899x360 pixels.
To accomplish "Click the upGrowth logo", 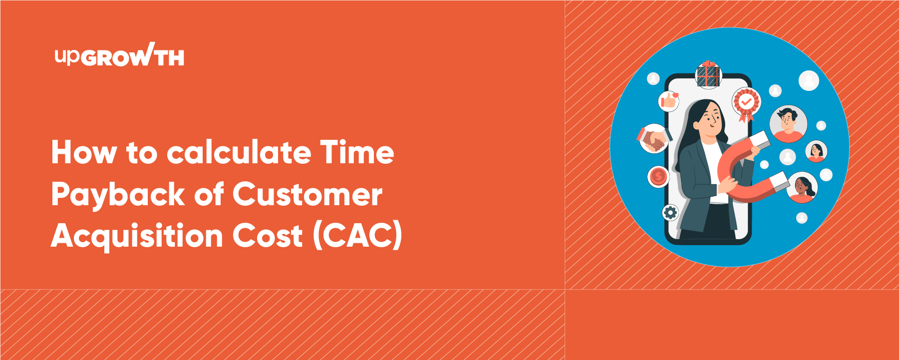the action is point(119,55).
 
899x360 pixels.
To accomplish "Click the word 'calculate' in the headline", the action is point(238,152).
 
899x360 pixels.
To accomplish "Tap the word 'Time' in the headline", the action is point(357,152).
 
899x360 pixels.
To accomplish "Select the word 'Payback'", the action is point(118,195).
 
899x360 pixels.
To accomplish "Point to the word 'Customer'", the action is point(307,194).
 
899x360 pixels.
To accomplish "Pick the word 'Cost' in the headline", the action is point(268,236).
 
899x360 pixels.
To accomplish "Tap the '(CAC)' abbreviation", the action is point(357,236).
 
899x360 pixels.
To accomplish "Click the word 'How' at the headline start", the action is point(83,152).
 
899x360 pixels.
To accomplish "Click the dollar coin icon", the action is point(658,176).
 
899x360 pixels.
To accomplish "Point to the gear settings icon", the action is point(670,213).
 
